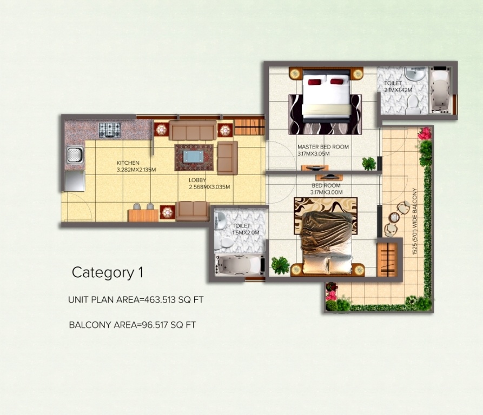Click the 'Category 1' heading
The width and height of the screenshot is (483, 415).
[107, 272]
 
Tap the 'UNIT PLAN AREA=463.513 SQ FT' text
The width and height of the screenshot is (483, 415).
[136, 299]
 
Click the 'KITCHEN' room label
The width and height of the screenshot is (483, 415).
[128, 163]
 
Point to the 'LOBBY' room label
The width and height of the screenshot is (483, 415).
[197, 180]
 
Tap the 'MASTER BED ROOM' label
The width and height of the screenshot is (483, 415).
[323, 147]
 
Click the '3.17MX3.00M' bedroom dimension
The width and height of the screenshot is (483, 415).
[326, 192]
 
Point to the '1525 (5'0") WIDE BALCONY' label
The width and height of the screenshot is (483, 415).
[415, 222]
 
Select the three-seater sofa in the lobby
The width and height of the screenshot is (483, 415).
[192, 131]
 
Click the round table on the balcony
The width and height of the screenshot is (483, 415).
[394, 217]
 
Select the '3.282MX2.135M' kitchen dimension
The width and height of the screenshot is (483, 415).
[136, 170]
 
